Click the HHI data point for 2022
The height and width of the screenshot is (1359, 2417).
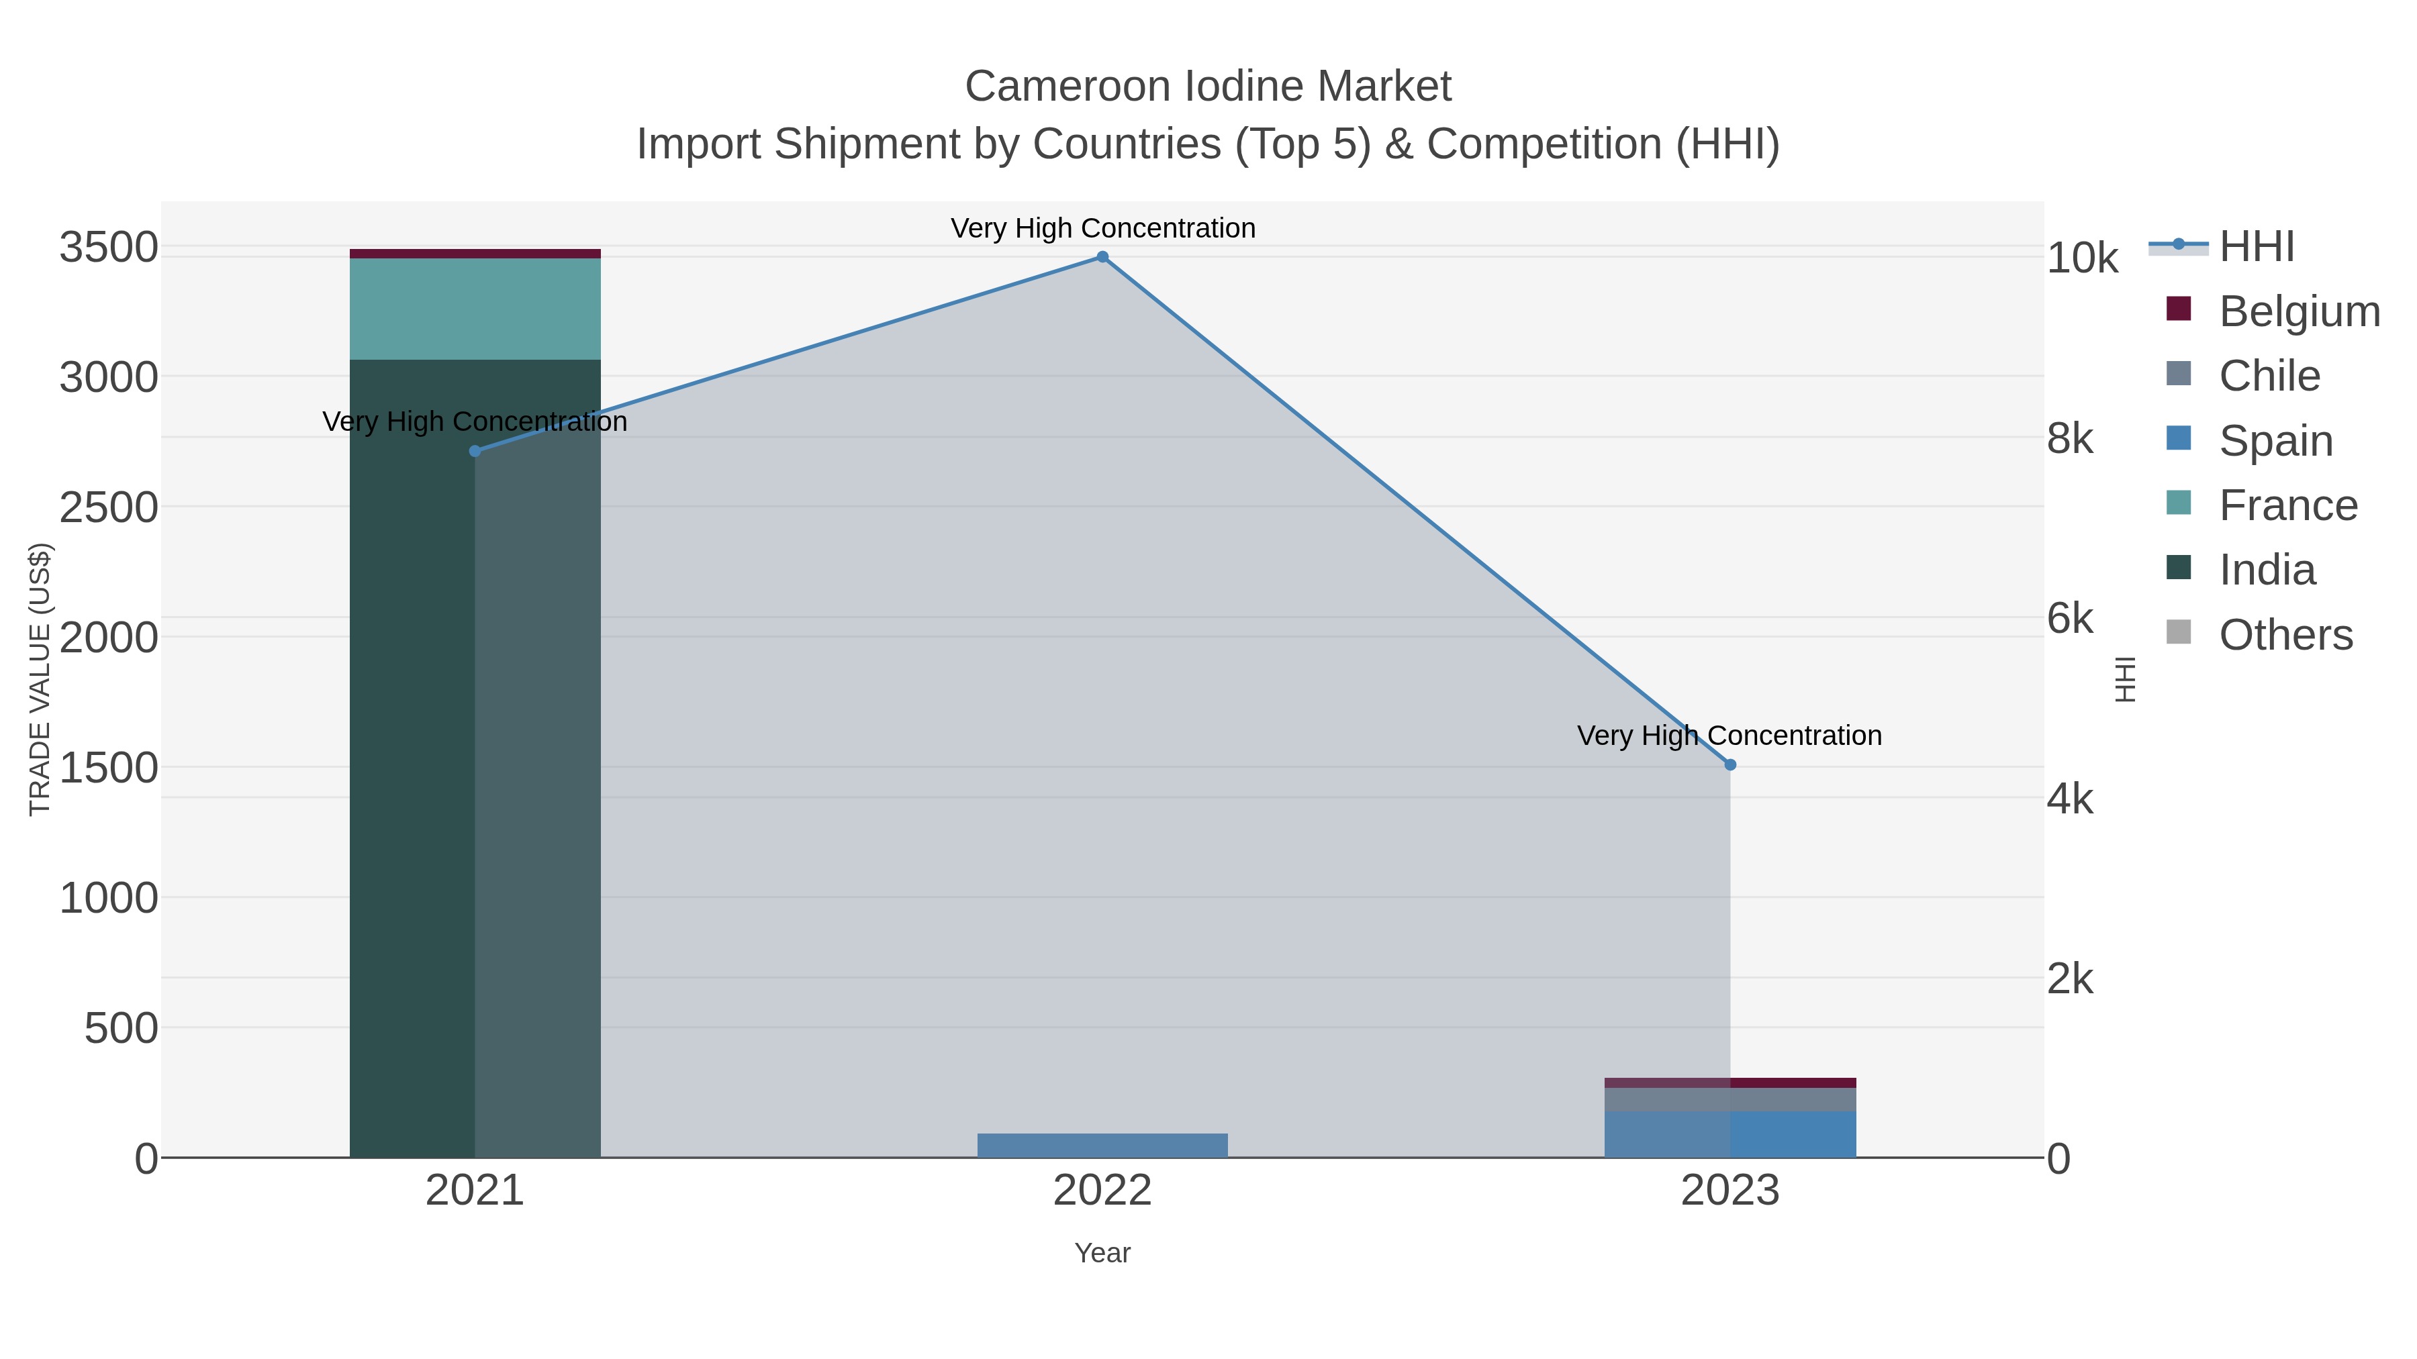(x=1102, y=257)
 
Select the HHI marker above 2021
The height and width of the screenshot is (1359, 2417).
(x=475, y=451)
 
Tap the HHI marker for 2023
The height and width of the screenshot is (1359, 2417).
(x=1730, y=765)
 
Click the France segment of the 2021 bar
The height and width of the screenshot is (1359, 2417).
(x=475, y=309)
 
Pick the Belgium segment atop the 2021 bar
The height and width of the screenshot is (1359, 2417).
(x=475, y=253)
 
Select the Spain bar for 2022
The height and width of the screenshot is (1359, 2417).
(x=1102, y=1145)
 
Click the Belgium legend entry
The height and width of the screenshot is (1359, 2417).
(x=2299, y=311)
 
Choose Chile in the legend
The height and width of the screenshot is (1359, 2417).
(x=2269, y=376)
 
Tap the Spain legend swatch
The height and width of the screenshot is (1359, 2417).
(x=2179, y=439)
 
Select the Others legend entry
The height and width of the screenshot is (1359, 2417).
(x=2285, y=635)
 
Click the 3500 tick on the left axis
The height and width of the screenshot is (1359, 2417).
(x=109, y=248)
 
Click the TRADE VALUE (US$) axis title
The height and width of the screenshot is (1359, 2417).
(x=40, y=679)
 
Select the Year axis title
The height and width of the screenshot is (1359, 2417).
(x=1102, y=1253)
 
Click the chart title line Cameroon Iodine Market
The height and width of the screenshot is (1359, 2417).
(x=1208, y=87)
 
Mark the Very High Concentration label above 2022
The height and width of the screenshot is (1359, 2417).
(x=1102, y=228)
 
